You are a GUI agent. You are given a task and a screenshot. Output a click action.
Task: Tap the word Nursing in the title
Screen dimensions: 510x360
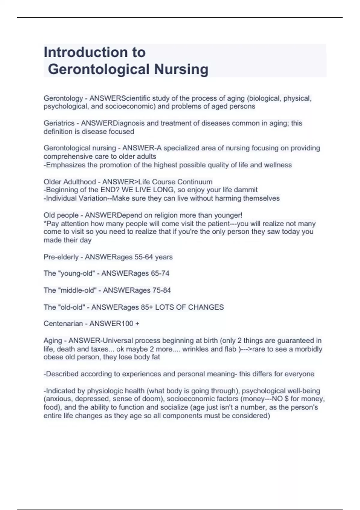click(181, 69)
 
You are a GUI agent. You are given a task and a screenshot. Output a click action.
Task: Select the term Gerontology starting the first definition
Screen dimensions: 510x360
click(63, 98)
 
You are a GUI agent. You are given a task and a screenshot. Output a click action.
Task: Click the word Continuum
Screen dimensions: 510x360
click(195, 182)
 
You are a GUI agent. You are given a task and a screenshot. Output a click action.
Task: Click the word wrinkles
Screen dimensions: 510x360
click(195, 349)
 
